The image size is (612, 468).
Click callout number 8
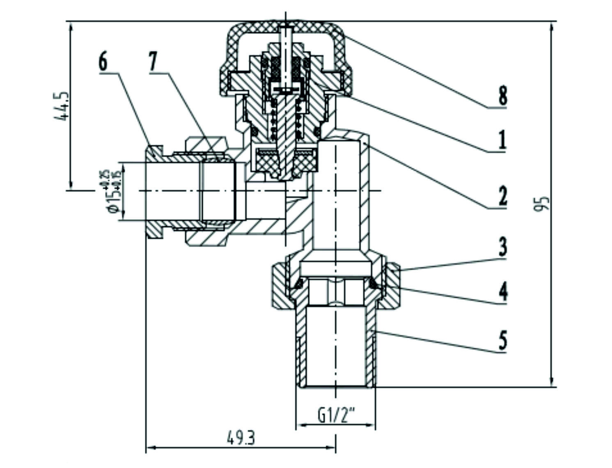pos(502,96)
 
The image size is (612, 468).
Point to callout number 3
pos(502,247)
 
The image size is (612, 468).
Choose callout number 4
pos(502,292)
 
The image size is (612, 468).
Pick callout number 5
pos(502,340)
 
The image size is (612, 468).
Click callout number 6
pos(103,62)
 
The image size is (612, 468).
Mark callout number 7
pos(153,62)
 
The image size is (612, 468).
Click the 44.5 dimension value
pos(61,106)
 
